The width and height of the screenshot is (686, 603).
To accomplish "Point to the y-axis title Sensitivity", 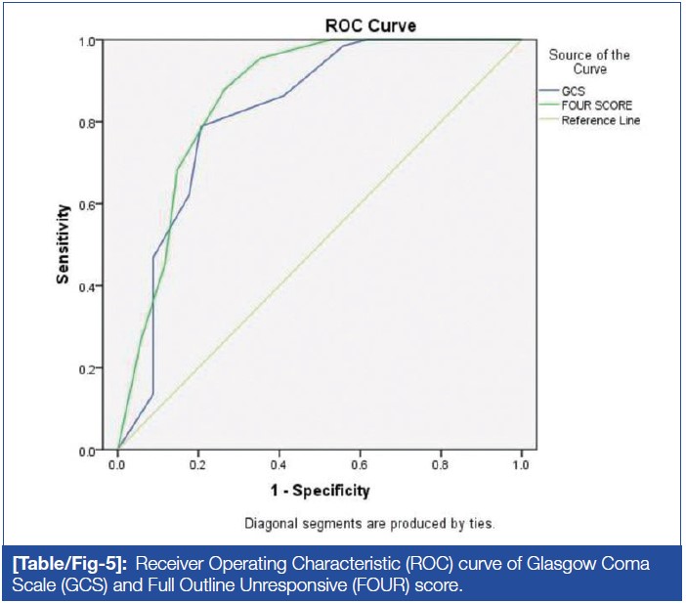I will click(63, 244).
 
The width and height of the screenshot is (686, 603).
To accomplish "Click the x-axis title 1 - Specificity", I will click(321, 490).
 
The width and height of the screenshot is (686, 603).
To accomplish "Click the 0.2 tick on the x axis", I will click(198, 465).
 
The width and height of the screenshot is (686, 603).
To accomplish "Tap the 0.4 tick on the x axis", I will click(279, 465).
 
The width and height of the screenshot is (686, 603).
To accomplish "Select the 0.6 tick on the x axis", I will click(361, 465).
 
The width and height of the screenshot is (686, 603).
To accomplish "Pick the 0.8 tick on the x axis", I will click(441, 465).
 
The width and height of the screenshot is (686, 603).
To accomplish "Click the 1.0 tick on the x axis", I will click(522, 465).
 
